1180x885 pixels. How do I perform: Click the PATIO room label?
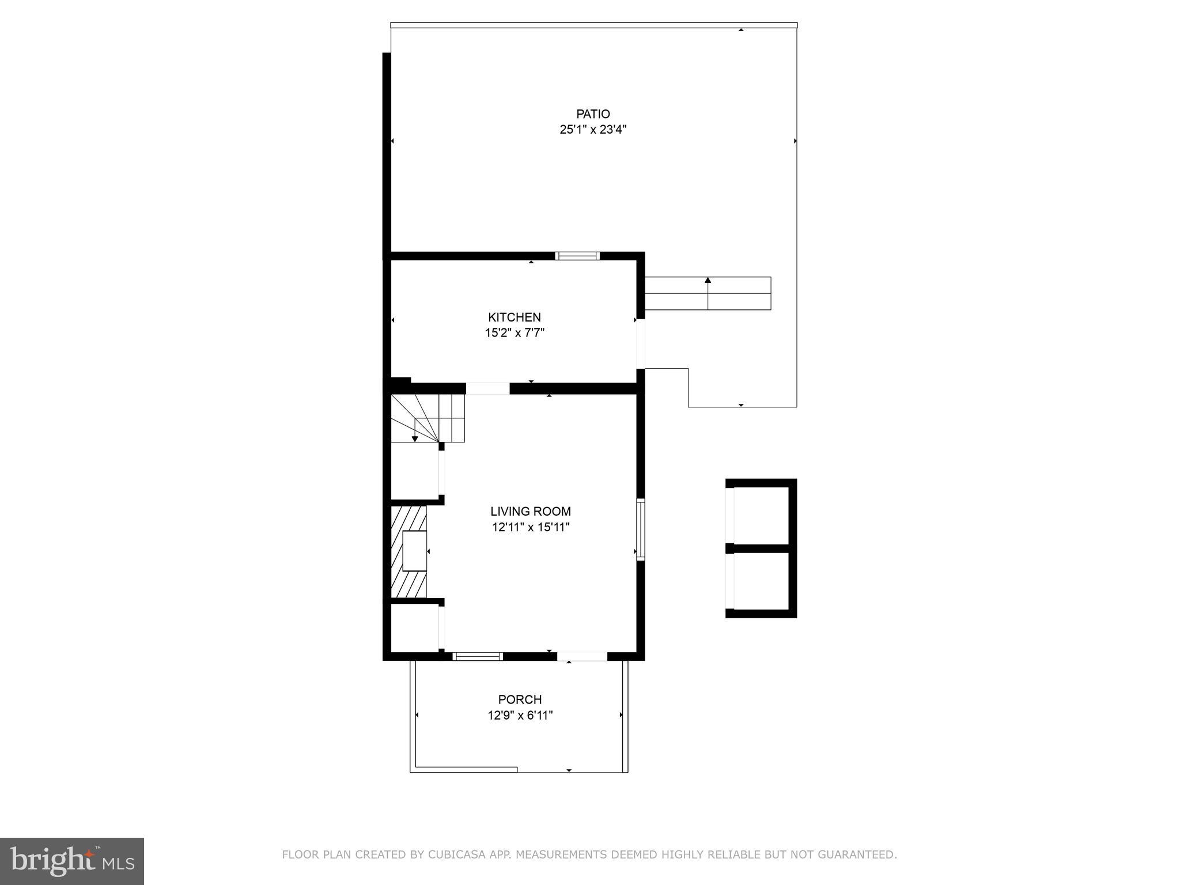coord(592,114)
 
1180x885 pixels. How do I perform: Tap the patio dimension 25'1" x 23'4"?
coord(592,130)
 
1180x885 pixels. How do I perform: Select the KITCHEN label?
coord(514,317)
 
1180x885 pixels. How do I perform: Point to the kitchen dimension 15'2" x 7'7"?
coord(514,332)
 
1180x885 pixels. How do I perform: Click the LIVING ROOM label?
coord(530,511)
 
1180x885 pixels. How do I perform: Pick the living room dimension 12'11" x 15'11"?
coord(530,527)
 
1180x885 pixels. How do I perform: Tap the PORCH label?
coord(520,699)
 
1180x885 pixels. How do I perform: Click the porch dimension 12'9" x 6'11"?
coord(520,715)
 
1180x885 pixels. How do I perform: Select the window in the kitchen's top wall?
coord(577,256)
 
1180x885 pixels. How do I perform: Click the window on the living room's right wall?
coord(640,529)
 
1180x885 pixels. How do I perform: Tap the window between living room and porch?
coord(477,656)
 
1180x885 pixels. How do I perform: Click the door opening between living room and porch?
coord(582,656)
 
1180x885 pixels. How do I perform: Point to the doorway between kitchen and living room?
coord(487,389)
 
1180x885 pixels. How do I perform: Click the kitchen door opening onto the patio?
coord(640,344)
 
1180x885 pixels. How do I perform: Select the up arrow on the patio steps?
coord(708,282)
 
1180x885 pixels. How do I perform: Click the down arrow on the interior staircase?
coord(415,438)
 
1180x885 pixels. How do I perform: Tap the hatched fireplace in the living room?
coord(409,552)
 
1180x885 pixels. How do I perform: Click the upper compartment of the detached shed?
coord(761,515)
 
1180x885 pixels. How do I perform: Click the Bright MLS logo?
coord(71,861)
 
